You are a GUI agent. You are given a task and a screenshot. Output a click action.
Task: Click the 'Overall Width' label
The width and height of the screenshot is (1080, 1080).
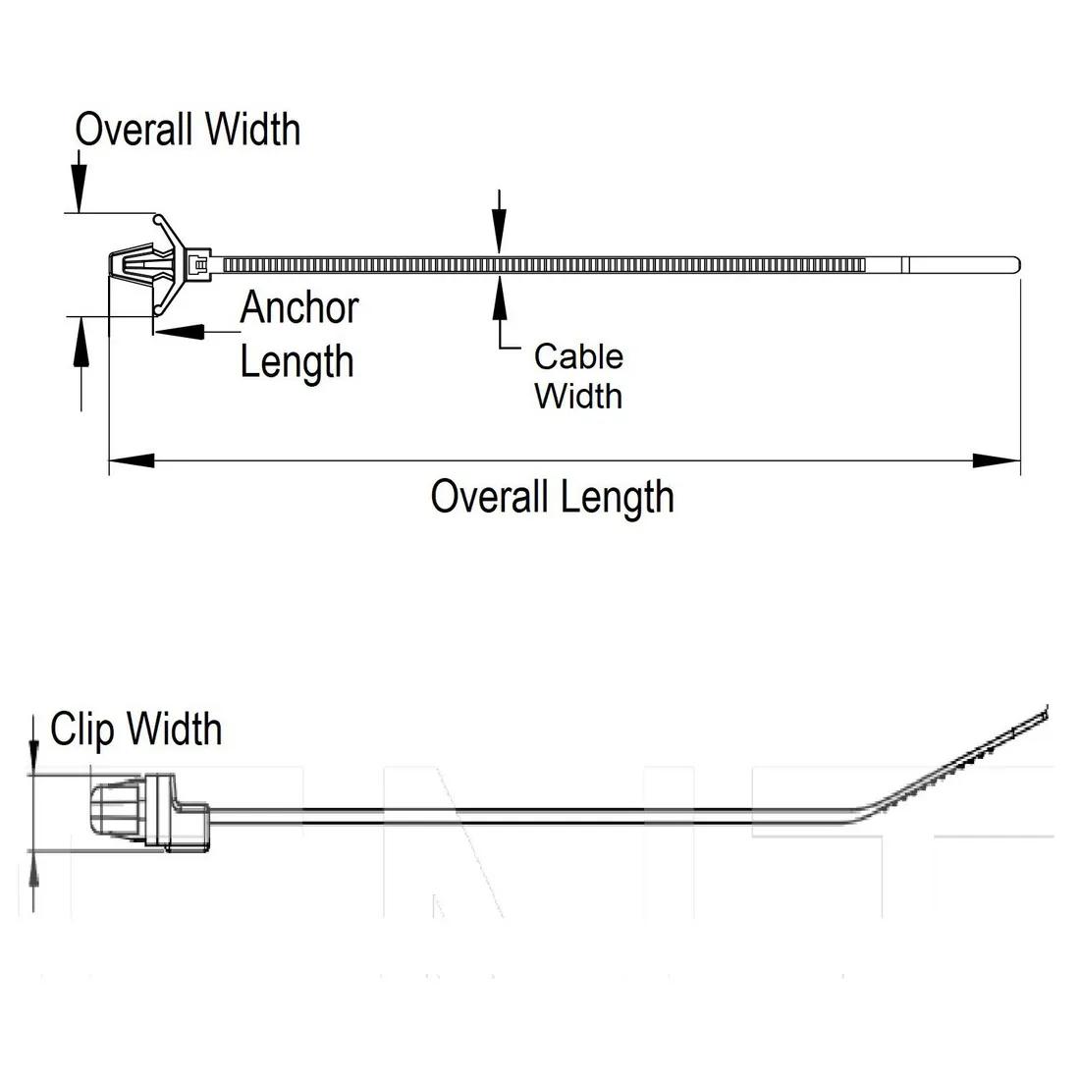click(x=188, y=130)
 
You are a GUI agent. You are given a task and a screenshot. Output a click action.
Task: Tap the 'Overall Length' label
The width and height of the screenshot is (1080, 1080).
click(x=552, y=497)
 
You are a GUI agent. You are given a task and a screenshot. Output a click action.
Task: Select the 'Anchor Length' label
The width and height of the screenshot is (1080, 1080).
click(x=298, y=334)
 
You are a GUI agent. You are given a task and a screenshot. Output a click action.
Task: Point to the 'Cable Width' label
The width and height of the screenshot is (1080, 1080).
click(x=578, y=376)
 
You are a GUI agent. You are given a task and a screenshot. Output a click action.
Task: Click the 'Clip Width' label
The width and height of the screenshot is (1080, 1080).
click(x=136, y=729)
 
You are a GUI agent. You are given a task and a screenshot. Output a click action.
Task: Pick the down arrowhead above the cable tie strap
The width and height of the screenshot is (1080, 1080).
click(x=500, y=239)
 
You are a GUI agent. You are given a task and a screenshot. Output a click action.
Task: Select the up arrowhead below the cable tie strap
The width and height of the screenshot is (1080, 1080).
click(x=500, y=296)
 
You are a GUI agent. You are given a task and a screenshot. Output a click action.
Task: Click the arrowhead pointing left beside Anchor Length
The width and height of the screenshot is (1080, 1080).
click(x=181, y=331)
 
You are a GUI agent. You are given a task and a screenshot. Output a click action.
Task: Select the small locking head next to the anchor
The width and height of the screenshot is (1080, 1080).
click(x=199, y=264)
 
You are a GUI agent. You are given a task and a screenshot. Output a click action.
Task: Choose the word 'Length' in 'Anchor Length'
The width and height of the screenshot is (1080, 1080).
click(x=297, y=361)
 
